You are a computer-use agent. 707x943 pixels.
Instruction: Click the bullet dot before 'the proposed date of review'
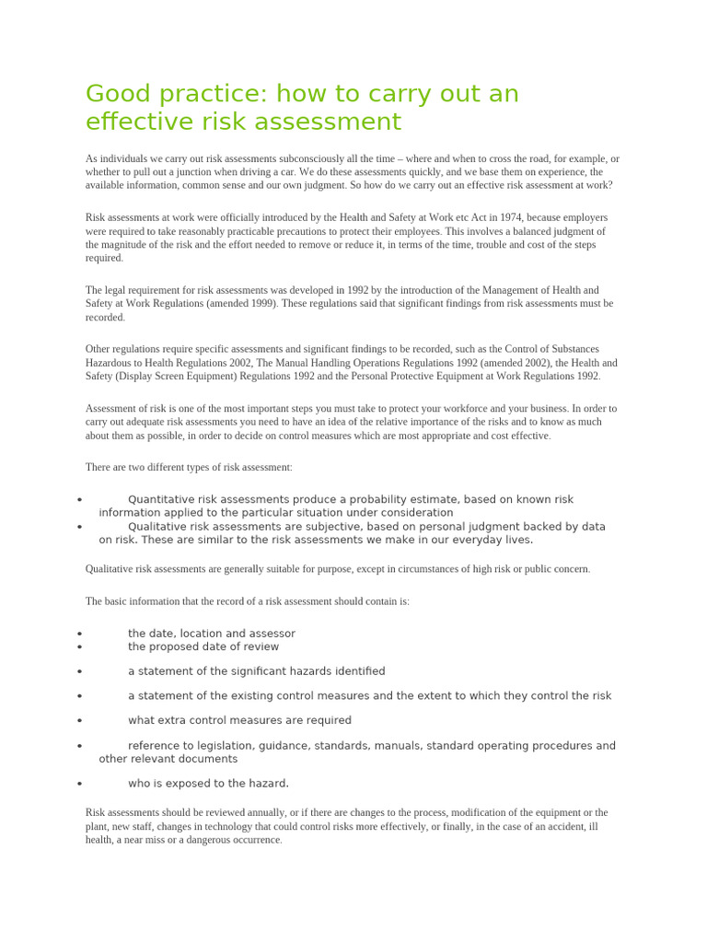pyautogui.click(x=80, y=647)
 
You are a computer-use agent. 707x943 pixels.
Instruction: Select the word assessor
pyautogui.click(x=270, y=634)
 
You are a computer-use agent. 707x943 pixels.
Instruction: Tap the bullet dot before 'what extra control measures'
pyautogui.click(x=80, y=721)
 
